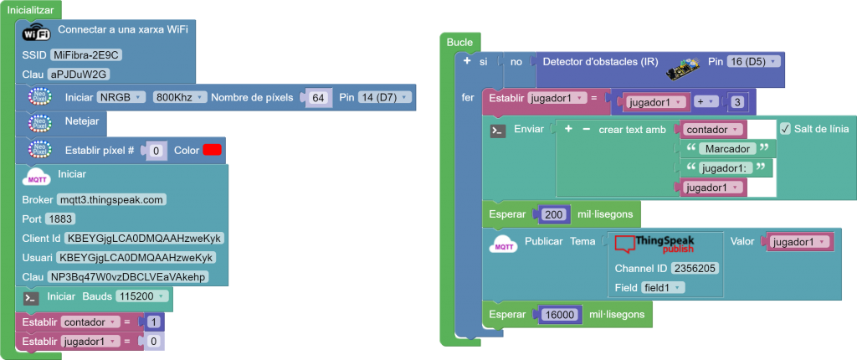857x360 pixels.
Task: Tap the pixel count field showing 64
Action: click(317, 98)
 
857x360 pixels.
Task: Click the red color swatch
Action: click(212, 151)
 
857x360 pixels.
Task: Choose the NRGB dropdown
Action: click(122, 98)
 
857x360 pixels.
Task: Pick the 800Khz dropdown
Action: click(179, 98)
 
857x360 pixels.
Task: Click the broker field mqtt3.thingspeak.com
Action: click(111, 199)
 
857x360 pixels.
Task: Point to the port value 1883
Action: click(61, 219)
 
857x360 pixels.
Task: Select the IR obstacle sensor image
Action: click(684, 68)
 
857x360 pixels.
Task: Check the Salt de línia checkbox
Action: click(785, 129)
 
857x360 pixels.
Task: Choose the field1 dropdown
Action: click(662, 287)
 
